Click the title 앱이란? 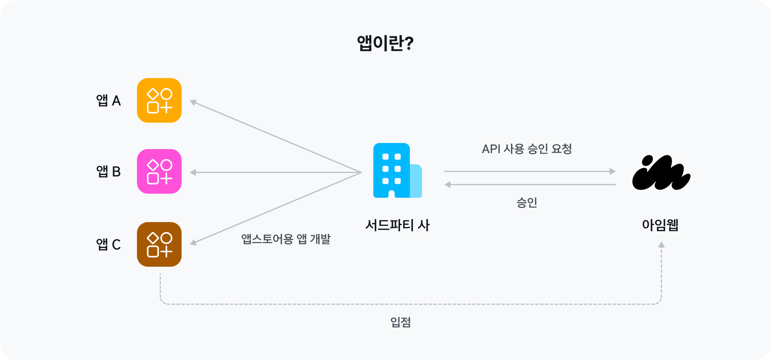(x=385, y=43)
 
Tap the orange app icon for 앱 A (x=159, y=100)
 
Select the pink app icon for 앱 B (x=159, y=171)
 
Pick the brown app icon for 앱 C (x=159, y=244)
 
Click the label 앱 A (x=108, y=101)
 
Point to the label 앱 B (x=108, y=172)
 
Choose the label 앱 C (x=108, y=244)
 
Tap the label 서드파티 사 (x=397, y=225)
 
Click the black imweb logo (x=661, y=173)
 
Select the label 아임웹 (x=660, y=225)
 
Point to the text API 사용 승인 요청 (x=527, y=149)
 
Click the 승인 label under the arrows (x=527, y=202)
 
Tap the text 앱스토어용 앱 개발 (x=286, y=239)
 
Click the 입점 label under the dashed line (x=400, y=322)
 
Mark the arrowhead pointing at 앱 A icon (x=193, y=102)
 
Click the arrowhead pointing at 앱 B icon (x=193, y=172)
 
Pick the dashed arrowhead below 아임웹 (x=661, y=245)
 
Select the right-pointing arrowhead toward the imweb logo (x=612, y=171)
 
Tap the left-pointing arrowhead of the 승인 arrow (x=448, y=185)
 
